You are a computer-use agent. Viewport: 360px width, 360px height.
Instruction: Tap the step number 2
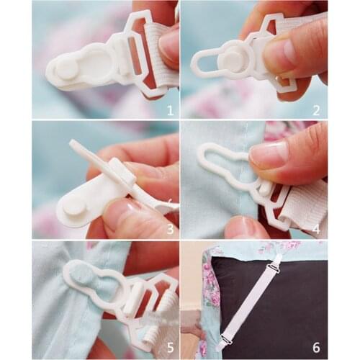coord(315,110)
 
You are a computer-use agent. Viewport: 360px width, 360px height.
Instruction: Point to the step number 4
coord(315,230)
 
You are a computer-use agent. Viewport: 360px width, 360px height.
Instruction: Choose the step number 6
coord(316,348)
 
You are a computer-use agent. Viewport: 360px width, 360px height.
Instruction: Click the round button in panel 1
coord(66,68)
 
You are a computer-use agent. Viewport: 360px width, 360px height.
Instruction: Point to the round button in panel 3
coord(73,204)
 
